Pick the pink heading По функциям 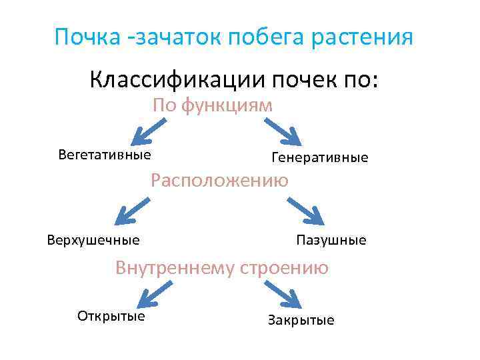click(x=213, y=105)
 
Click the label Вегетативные click(x=104, y=155)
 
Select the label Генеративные click(x=319, y=158)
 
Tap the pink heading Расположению click(x=219, y=181)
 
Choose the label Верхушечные click(x=93, y=240)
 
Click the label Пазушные click(x=331, y=240)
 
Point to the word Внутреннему click(x=175, y=268)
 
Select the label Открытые click(x=111, y=316)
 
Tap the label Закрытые click(x=301, y=320)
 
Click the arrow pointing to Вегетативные click(x=148, y=131)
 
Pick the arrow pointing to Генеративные click(x=283, y=131)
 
